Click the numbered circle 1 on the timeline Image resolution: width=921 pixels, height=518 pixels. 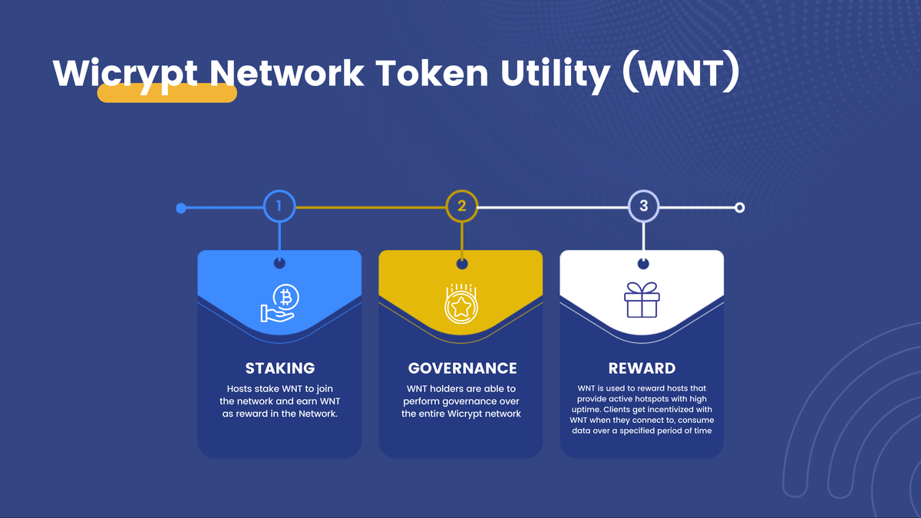279,206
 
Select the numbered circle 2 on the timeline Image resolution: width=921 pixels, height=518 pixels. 461,206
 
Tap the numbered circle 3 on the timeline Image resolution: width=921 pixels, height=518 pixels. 643,206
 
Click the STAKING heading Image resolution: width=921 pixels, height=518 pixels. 279,368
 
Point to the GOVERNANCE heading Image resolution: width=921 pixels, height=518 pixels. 462,368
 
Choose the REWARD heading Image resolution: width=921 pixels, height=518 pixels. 642,368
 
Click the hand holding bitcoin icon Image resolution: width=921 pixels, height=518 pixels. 279,303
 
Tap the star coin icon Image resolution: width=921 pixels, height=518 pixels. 461,303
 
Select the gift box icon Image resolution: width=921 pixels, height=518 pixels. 642,300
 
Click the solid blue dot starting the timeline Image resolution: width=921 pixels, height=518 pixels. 181,208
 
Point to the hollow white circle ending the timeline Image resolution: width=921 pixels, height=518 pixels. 739,207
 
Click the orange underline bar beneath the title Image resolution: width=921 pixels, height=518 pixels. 167,94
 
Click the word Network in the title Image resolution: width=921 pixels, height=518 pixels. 287,73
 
